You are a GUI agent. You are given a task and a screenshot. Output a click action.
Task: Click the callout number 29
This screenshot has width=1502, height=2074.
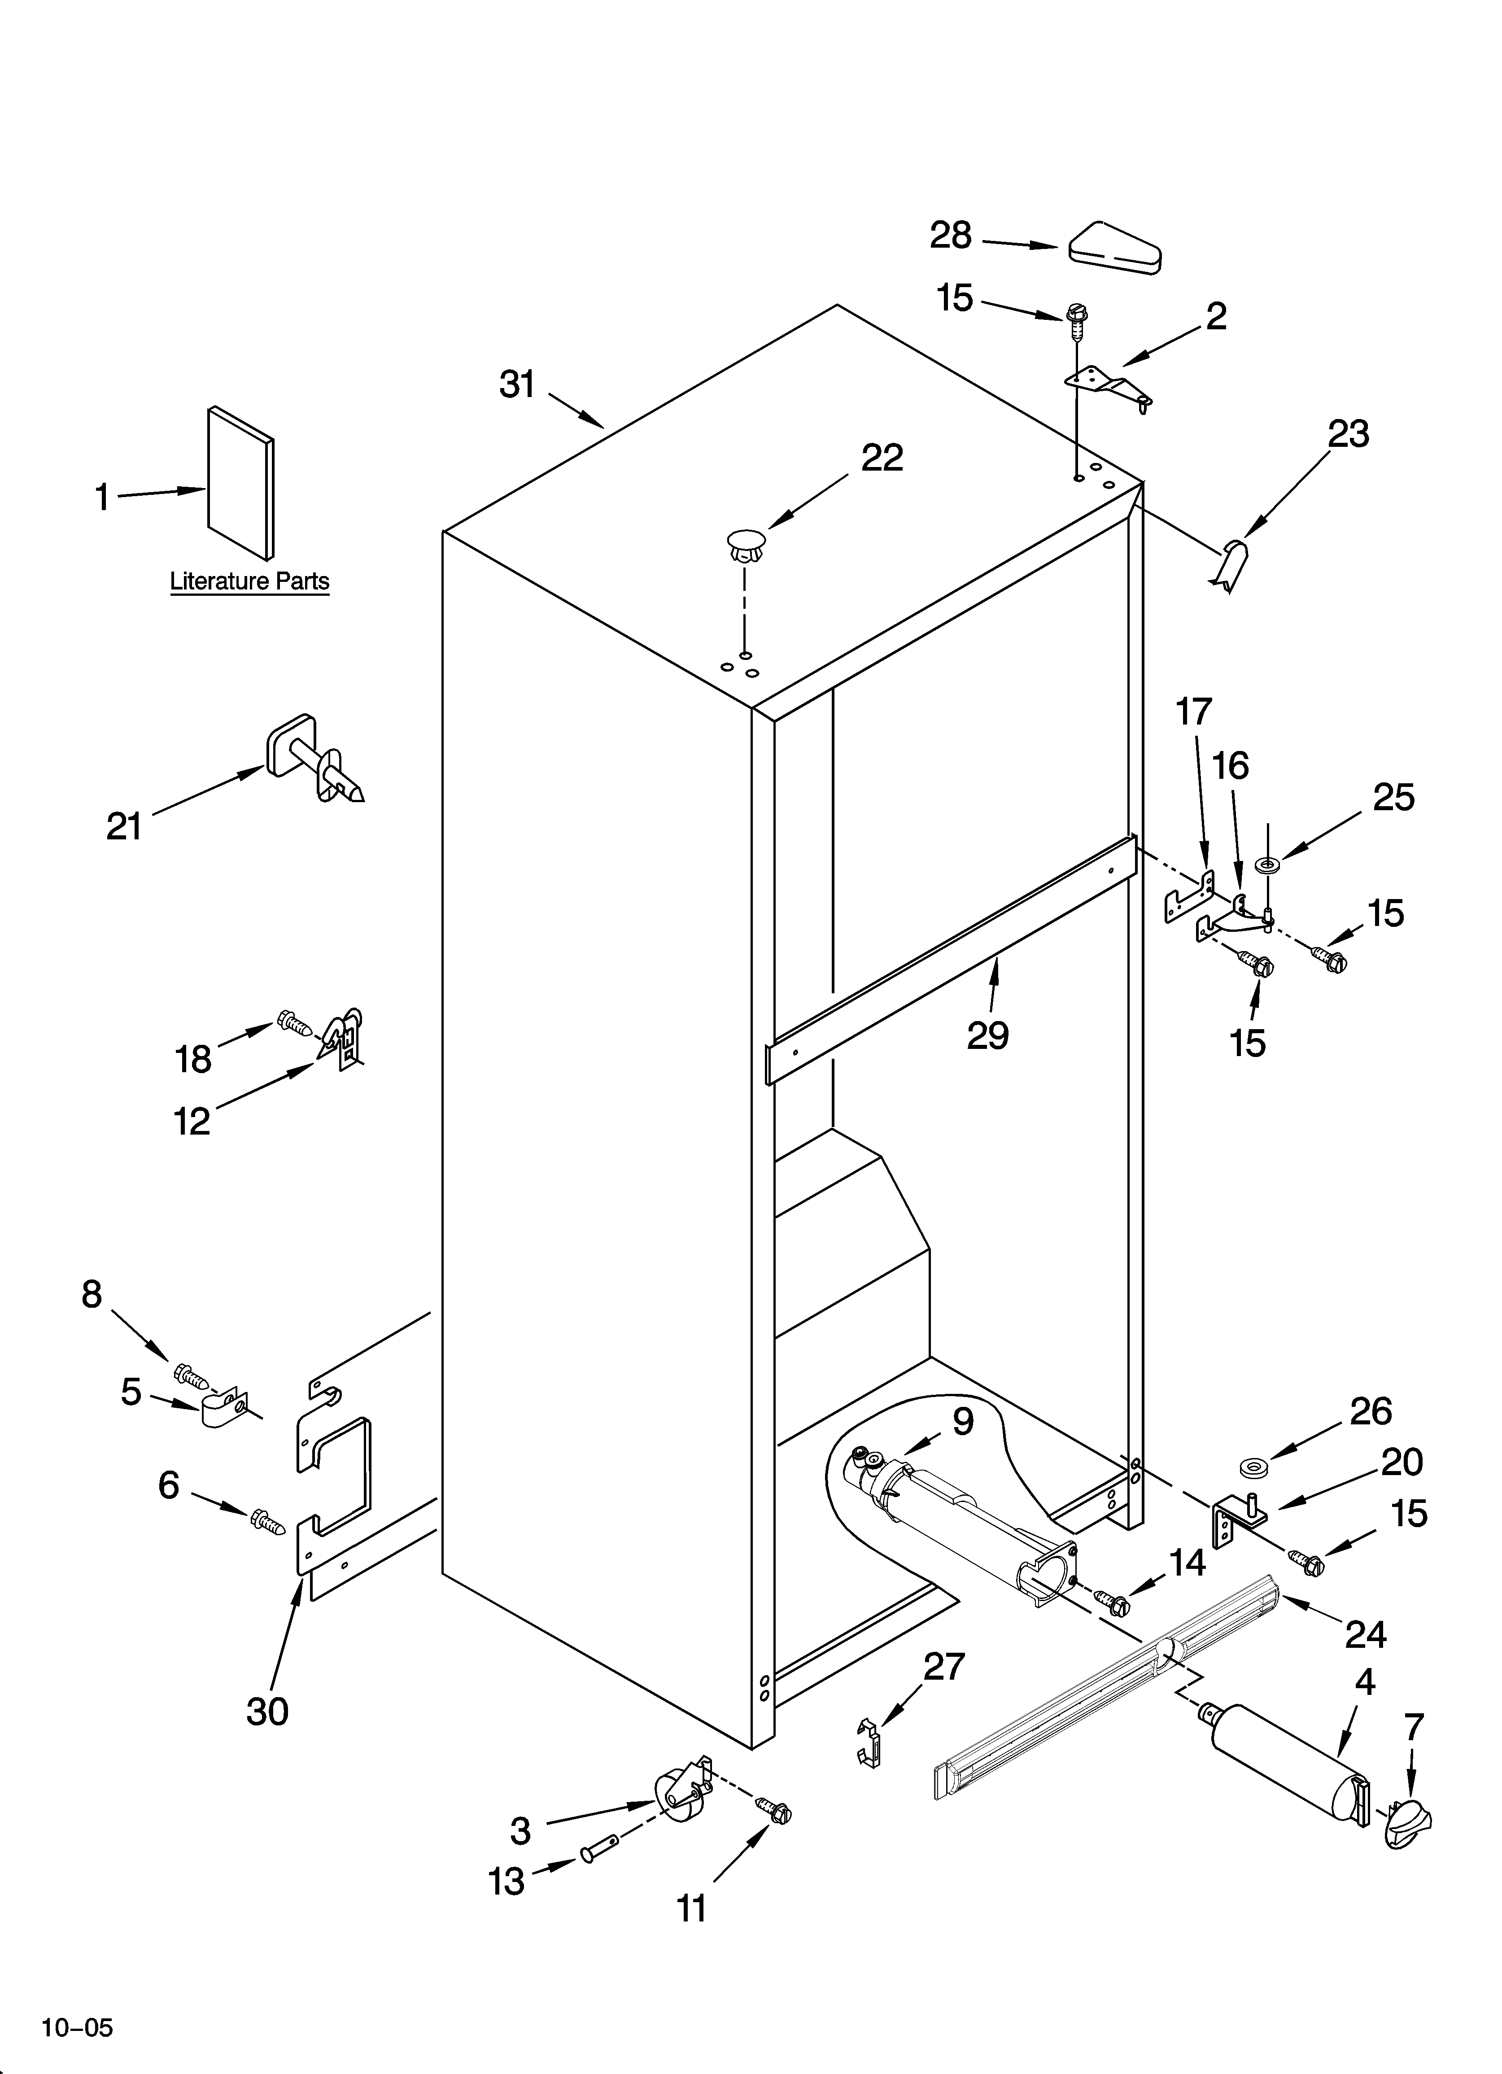point(988,1036)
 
